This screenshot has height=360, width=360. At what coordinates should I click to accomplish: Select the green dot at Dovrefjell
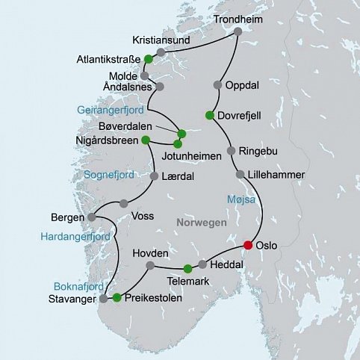210,114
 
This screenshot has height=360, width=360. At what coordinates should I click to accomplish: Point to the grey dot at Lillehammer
240,174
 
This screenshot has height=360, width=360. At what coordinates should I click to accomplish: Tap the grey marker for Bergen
92,217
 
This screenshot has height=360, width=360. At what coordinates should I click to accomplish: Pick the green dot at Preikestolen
117,298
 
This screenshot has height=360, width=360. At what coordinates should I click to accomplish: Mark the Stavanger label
74,300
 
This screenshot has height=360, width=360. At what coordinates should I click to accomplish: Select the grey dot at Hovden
150,265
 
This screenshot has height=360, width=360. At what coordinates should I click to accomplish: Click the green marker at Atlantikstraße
149,58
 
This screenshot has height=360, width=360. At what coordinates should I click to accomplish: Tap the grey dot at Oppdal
218,84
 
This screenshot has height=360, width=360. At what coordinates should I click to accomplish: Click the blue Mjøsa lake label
240,199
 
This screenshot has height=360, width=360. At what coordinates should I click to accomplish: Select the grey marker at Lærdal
155,177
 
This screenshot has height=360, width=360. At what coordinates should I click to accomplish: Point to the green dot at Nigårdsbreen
146,139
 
